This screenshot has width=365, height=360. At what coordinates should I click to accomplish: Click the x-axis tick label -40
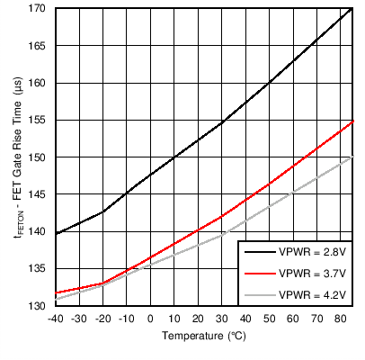56,319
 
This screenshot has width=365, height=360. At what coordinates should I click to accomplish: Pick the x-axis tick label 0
150,319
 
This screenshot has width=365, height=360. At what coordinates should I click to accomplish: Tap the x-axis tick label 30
221,319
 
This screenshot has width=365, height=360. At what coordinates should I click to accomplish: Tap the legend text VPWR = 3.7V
311,273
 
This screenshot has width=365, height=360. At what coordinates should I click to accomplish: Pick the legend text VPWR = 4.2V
311,293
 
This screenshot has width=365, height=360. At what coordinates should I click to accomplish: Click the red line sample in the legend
258,273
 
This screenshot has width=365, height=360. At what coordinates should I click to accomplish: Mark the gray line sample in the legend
258,293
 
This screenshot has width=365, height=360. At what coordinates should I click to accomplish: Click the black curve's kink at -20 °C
102,212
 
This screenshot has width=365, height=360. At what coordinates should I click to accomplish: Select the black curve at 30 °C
221,123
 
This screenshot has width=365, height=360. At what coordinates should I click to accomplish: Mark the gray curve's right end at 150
351,157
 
